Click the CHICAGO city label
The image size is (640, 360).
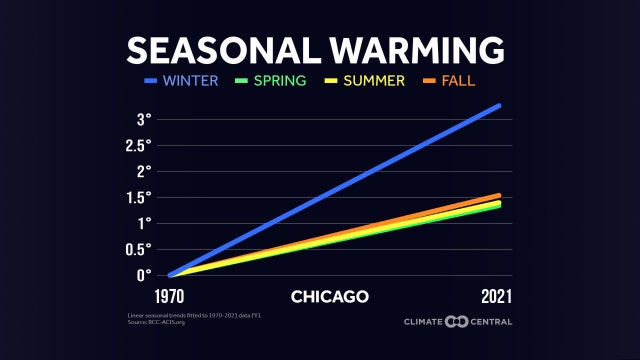(x=330, y=297)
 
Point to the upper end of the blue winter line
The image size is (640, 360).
(x=498, y=106)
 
